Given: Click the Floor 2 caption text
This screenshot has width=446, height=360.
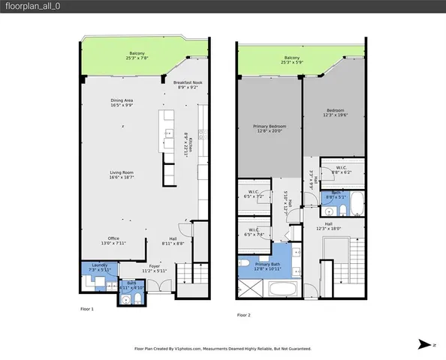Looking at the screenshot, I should [246, 315].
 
